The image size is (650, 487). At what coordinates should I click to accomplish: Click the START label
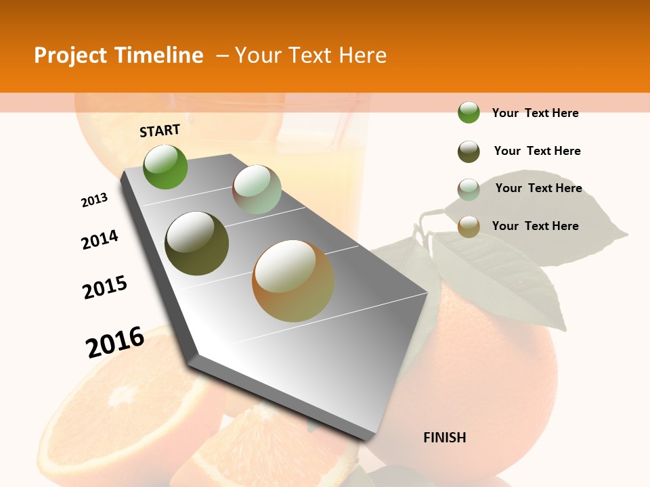tap(160, 131)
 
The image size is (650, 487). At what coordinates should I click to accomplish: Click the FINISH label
tap(444, 438)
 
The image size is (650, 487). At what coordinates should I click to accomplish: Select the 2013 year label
tap(94, 200)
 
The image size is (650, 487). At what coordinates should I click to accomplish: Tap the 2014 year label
tap(100, 239)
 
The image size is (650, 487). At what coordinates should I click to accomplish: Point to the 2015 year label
tap(105, 287)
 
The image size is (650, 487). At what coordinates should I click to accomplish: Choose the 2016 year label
tap(115, 342)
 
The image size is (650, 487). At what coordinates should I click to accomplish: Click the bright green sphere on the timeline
tap(165, 166)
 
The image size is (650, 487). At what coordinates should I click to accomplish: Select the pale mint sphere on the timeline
tap(257, 189)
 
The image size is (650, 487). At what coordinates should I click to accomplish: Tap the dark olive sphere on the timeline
tap(197, 243)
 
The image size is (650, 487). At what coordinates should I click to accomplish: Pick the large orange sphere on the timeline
tap(293, 281)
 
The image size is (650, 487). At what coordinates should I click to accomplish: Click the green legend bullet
tap(469, 112)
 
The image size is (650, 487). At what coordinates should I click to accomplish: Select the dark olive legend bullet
tap(469, 152)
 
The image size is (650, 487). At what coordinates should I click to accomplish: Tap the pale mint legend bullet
tap(469, 189)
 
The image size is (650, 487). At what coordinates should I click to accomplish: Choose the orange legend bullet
tap(469, 227)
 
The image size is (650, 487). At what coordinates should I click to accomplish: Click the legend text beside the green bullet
tap(535, 113)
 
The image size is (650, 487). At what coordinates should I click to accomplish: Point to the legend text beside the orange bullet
tap(535, 226)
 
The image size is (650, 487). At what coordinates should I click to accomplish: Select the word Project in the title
tap(71, 55)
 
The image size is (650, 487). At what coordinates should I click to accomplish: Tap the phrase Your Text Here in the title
tap(311, 55)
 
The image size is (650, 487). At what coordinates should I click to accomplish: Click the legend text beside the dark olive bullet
tap(537, 151)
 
